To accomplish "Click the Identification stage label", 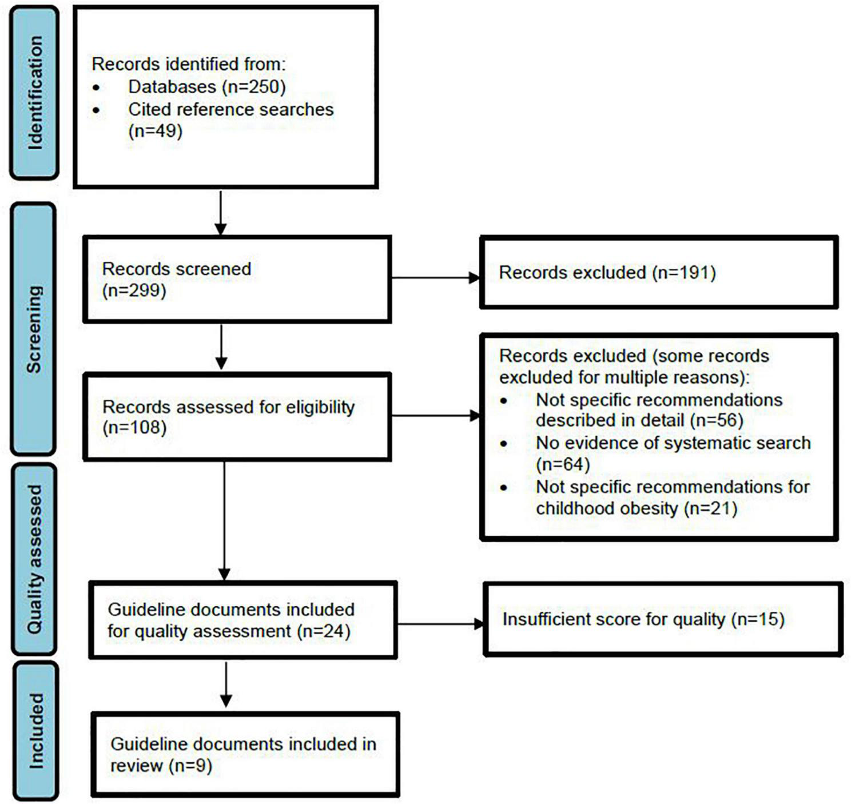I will click(x=34, y=93).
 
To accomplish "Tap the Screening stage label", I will click(x=34, y=329).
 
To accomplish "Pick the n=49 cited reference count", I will click(x=156, y=131).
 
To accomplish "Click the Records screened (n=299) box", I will click(x=237, y=279).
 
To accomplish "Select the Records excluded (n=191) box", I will click(x=659, y=272).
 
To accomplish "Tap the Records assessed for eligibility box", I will click(x=237, y=416).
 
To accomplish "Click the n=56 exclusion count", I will click(x=716, y=420).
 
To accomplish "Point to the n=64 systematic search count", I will click(x=563, y=464).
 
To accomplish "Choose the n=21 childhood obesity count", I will click(x=710, y=508).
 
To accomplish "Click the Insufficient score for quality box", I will click(x=663, y=619).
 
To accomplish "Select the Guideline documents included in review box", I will click(x=245, y=754).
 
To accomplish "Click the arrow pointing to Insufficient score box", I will click(x=440, y=624).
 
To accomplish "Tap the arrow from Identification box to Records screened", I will click(x=221, y=213).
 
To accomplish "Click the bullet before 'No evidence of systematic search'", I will click(x=504, y=443).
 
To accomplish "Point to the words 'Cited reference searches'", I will click(x=230, y=109).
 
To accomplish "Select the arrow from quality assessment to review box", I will click(x=226, y=684).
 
